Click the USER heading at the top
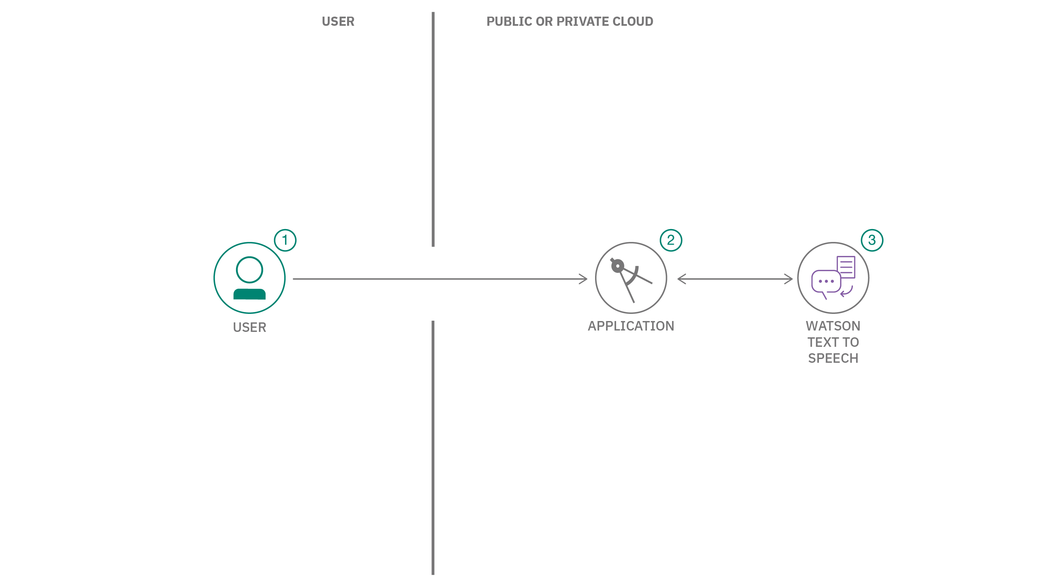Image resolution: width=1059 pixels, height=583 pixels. pos(338,21)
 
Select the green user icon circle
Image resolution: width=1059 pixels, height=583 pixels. pos(249,278)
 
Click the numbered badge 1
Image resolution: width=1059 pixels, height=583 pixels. pos(285,240)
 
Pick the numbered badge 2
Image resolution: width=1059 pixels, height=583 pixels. pos(670,240)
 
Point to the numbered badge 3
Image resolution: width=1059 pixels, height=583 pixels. pos(872,240)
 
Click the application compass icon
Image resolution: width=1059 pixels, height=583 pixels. pos(631,278)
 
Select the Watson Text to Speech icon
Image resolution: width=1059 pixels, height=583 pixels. pos(833,278)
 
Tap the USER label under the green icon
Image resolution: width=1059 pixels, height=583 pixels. pos(249,327)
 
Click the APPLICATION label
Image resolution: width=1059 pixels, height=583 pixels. pos(631,326)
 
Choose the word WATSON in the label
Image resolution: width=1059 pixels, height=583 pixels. pos(833,326)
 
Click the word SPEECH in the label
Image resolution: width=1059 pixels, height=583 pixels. pos(833,358)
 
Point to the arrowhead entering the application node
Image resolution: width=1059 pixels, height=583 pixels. pos(584,279)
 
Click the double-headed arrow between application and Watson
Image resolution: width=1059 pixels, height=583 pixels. pos(735,279)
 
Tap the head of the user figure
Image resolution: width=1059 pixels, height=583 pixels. pos(249,270)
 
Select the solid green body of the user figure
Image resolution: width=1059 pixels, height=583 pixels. pos(249,294)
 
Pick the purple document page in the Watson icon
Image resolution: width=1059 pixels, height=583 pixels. pos(846,267)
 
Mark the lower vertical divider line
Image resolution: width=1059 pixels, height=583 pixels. pos(433,448)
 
